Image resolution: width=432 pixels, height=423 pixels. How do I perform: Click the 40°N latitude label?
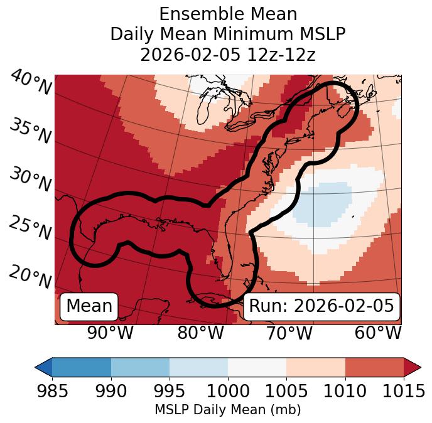[31, 83]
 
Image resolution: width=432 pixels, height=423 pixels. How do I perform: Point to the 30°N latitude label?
[30, 180]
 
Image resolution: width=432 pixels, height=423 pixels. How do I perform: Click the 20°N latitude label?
[30, 276]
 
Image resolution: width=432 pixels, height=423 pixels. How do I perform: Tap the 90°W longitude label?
[110, 333]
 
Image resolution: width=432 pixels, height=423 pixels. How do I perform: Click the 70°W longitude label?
[289, 333]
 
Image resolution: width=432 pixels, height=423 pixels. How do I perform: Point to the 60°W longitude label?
[378, 333]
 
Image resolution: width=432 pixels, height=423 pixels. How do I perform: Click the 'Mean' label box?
[89, 306]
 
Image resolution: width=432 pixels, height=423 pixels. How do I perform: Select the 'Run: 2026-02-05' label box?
[321, 306]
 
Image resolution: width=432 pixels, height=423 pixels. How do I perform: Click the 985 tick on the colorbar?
[52, 392]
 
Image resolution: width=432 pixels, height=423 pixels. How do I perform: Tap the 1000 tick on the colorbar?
[228, 392]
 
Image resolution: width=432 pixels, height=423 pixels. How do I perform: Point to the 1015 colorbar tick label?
[404, 392]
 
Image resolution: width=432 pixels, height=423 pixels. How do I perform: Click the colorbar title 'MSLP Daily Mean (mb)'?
[228, 410]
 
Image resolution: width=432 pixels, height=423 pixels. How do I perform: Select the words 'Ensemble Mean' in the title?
[228, 14]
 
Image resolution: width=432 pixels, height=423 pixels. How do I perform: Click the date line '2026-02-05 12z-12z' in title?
[228, 55]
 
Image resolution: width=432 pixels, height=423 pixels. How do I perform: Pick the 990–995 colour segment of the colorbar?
[140, 367]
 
